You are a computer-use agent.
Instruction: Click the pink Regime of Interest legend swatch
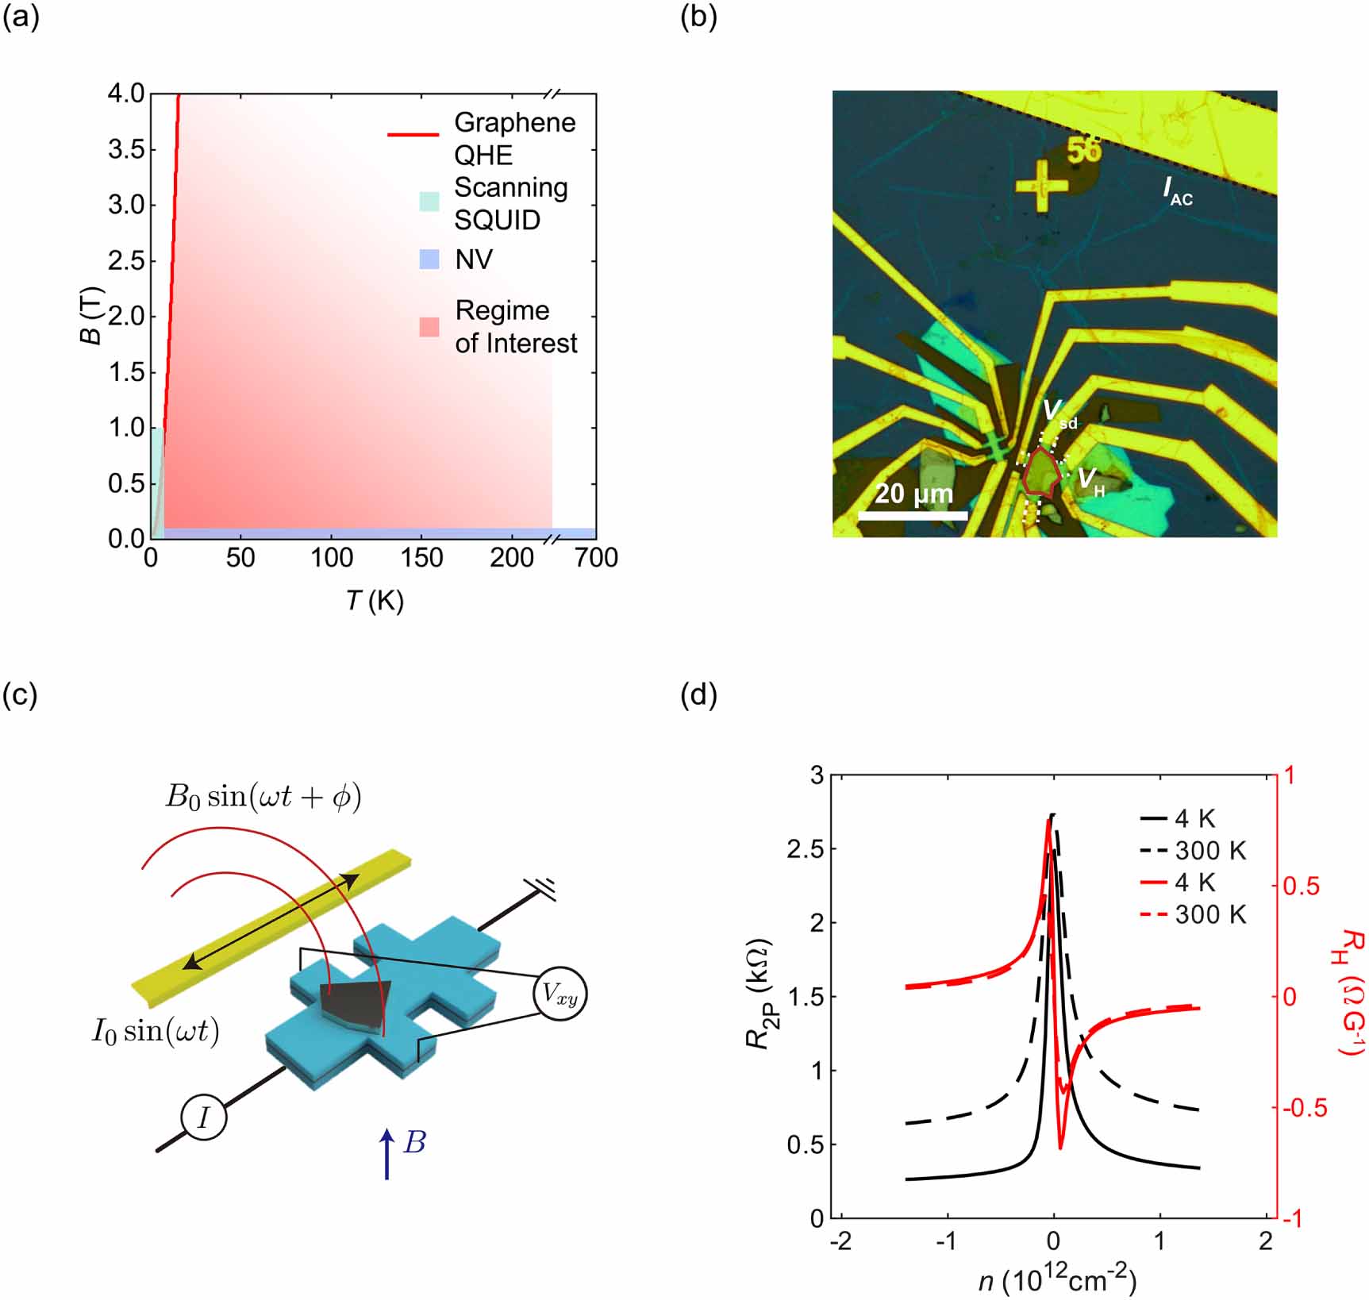(x=429, y=327)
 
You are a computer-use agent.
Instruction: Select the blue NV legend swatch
(x=429, y=259)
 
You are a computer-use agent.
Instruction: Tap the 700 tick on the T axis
(x=596, y=559)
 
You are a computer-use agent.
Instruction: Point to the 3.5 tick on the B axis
(x=126, y=150)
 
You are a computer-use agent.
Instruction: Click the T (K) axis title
(x=375, y=601)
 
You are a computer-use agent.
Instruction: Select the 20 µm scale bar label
(x=913, y=494)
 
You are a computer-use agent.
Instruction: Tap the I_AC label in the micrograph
(x=1178, y=191)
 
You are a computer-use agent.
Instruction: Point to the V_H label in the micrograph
(x=1090, y=480)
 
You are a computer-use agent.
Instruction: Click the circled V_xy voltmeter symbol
(x=560, y=993)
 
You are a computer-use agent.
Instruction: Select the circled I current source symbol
(x=204, y=1118)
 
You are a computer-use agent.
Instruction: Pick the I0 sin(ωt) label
(x=156, y=1031)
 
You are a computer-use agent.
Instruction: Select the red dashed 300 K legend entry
(x=1194, y=915)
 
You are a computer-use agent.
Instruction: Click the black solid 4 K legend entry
(x=1178, y=818)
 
